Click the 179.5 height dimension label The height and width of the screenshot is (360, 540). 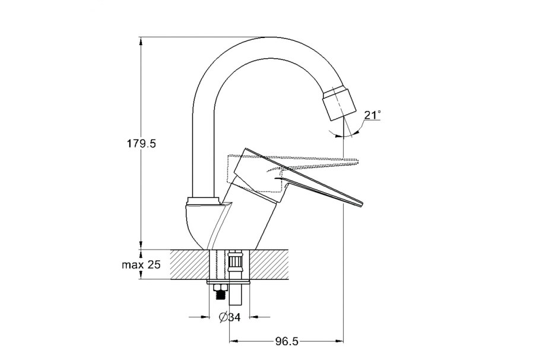click(x=142, y=143)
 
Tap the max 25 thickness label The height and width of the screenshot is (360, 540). click(x=141, y=265)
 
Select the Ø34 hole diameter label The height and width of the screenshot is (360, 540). click(x=230, y=317)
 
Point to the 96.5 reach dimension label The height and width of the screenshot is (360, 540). click(x=287, y=342)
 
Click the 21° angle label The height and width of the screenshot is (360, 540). click(x=372, y=115)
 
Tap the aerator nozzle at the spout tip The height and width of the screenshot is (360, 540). click(x=339, y=104)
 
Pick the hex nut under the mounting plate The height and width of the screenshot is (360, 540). click(x=219, y=288)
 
